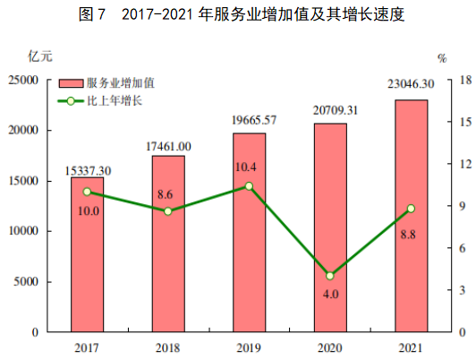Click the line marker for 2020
[x=330, y=276]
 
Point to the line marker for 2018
[x=168, y=211]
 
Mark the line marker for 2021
[x=412, y=209]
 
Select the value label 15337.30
[x=88, y=169]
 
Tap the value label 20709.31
[x=330, y=110]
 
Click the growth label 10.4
[x=250, y=167]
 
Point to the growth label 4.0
[x=330, y=295]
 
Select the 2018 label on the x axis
[x=168, y=347]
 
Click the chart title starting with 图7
[x=237, y=14]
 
